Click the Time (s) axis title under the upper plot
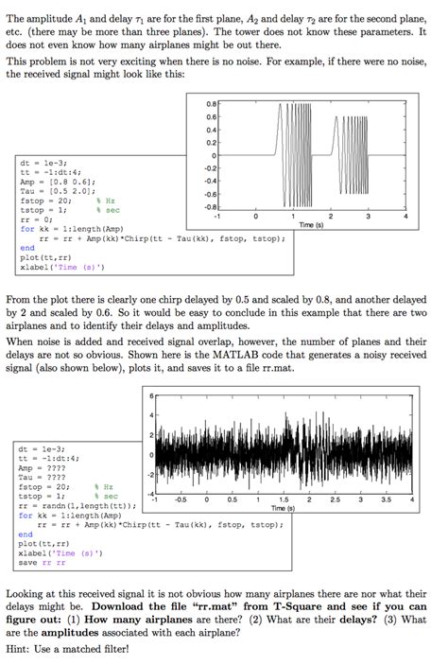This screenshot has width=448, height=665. tap(311, 225)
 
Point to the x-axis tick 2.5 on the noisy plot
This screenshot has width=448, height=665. tap(335, 501)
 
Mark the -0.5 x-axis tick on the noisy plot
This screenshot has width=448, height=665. tap(180, 501)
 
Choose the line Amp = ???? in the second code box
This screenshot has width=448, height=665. tap(42, 468)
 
